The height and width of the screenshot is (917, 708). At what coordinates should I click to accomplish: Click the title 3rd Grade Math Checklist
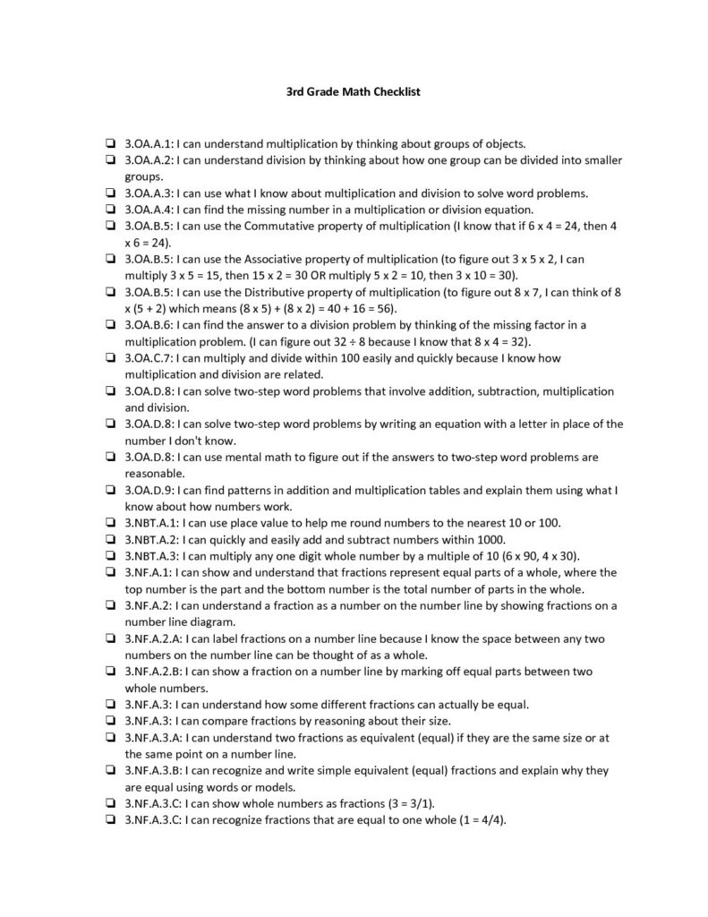click(x=353, y=90)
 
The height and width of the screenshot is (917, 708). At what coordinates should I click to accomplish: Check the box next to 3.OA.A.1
click(x=108, y=142)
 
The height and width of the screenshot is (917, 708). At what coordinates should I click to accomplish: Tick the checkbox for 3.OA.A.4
click(x=108, y=209)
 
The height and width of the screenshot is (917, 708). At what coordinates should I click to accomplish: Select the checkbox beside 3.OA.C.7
click(x=108, y=358)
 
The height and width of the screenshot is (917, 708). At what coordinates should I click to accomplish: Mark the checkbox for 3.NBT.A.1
click(x=108, y=523)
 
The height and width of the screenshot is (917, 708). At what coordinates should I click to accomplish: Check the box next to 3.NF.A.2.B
click(x=108, y=672)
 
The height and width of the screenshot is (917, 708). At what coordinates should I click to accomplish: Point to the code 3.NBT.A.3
click(x=152, y=555)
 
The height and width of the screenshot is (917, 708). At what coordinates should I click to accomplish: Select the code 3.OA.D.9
click(x=149, y=490)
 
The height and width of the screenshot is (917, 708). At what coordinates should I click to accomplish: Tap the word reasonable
click(x=155, y=473)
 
